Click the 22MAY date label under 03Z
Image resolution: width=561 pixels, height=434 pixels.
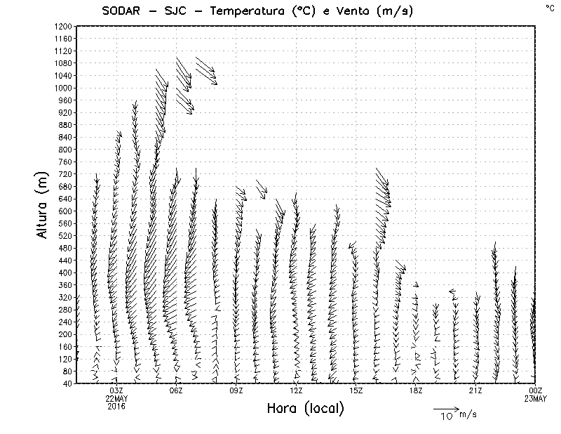click(x=116, y=398)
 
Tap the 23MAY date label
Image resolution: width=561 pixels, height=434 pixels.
click(x=536, y=398)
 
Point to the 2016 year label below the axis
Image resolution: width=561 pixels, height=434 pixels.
click(x=116, y=406)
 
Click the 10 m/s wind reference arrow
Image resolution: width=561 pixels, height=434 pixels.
click(x=446, y=408)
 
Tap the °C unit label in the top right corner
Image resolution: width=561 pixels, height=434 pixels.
click(x=550, y=8)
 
